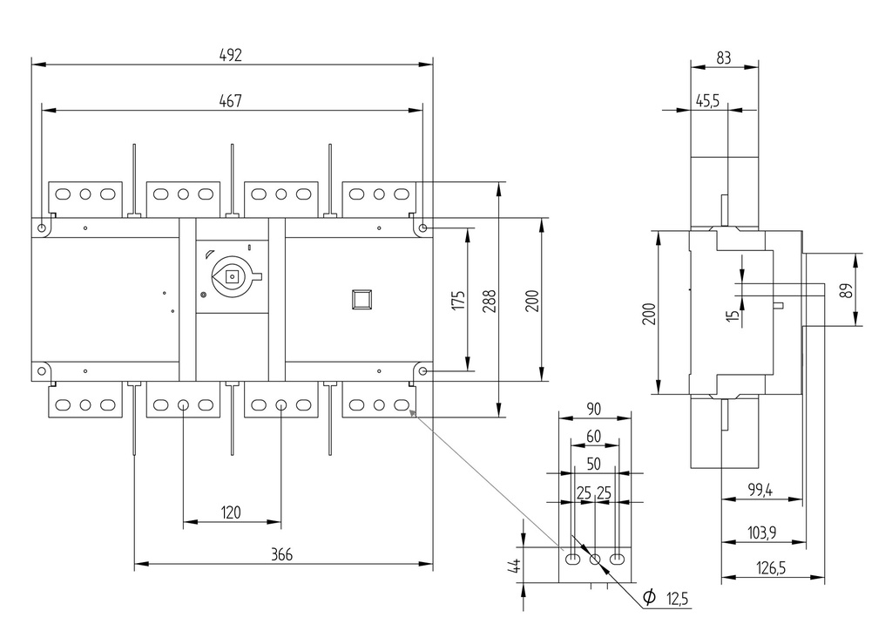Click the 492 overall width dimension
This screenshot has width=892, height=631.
[x=230, y=54]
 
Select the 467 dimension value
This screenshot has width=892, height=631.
[x=230, y=101]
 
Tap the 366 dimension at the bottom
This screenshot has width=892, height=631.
[x=281, y=554]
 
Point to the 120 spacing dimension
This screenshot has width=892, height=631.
[x=231, y=512]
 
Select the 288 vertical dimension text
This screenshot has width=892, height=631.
[x=488, y=301]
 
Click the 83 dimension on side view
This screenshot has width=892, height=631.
[x=724, y=58]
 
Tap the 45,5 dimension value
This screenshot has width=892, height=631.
[x=707, y=101]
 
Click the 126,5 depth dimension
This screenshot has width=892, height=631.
[x=772, y=568]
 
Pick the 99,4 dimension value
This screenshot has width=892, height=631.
[x=760, y=491]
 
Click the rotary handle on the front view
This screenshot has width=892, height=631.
[x=233, y=277]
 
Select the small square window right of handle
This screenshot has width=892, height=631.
[x=361, y=299]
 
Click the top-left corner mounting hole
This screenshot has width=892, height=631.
[x=43, y=227]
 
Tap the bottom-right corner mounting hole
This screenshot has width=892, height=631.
[x=422, y=371]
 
